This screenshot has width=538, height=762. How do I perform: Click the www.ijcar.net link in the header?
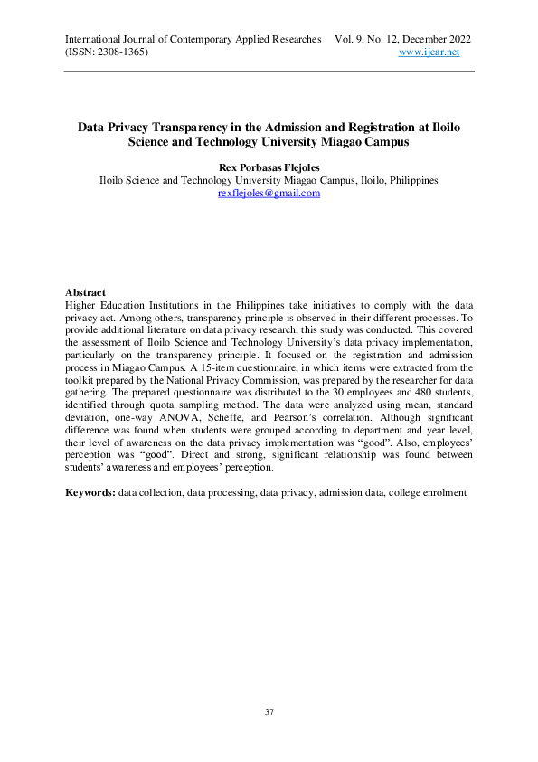[x=429, y=52]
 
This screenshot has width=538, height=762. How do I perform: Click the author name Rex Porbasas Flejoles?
[x=269, y=167]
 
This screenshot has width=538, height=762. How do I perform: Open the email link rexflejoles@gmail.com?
[x=269, y=194]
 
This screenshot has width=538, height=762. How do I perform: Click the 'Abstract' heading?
[x=85, y=292]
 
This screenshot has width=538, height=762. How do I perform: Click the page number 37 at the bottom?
[x=269, y=712]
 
